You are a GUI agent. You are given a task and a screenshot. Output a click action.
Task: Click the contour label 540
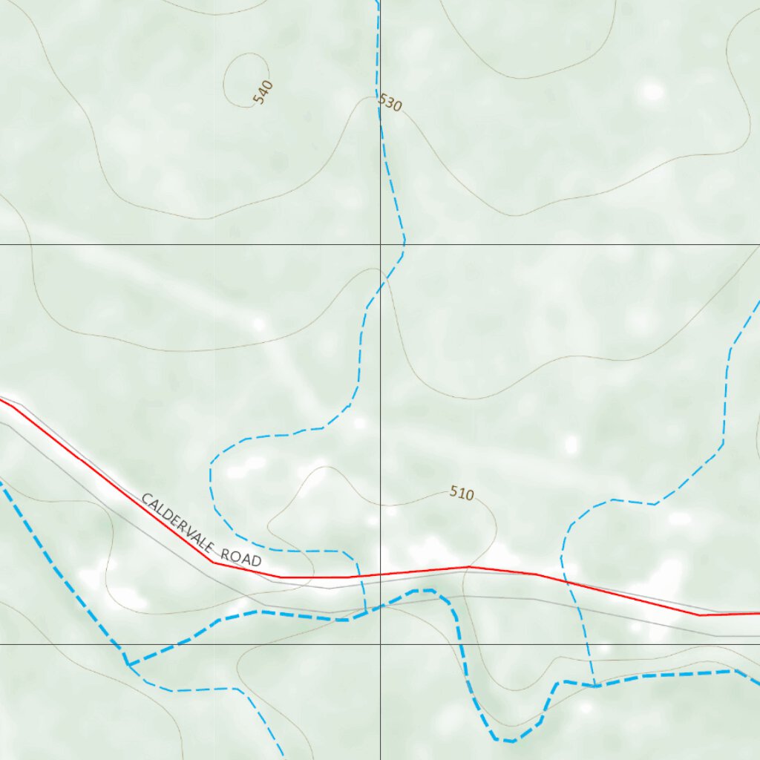pos(263,92)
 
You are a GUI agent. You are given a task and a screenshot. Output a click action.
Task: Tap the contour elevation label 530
pos(390,103)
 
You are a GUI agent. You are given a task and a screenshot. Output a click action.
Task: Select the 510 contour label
pos(462,493)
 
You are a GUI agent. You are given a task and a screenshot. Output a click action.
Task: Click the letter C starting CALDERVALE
pos(145,500)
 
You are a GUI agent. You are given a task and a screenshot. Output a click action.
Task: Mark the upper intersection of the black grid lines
pos(381,244)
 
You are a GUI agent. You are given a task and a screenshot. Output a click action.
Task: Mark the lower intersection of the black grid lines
pos(381,644)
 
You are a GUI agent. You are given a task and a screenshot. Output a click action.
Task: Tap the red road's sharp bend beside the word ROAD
pos(214,562)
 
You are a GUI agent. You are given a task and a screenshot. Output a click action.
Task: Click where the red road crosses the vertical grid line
pos(381,574)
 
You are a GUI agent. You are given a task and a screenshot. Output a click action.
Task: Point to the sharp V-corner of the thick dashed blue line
pos(127,663)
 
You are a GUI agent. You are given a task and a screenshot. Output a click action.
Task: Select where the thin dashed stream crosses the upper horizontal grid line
pos(404,244)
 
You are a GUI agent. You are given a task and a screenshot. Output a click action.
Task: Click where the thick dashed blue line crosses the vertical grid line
pos(381,606)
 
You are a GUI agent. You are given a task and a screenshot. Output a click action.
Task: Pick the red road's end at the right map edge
pos(758,614)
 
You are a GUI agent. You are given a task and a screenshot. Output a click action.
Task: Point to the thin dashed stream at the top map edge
pos(377,2)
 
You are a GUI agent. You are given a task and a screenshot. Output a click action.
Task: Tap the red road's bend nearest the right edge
pos(699,615)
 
